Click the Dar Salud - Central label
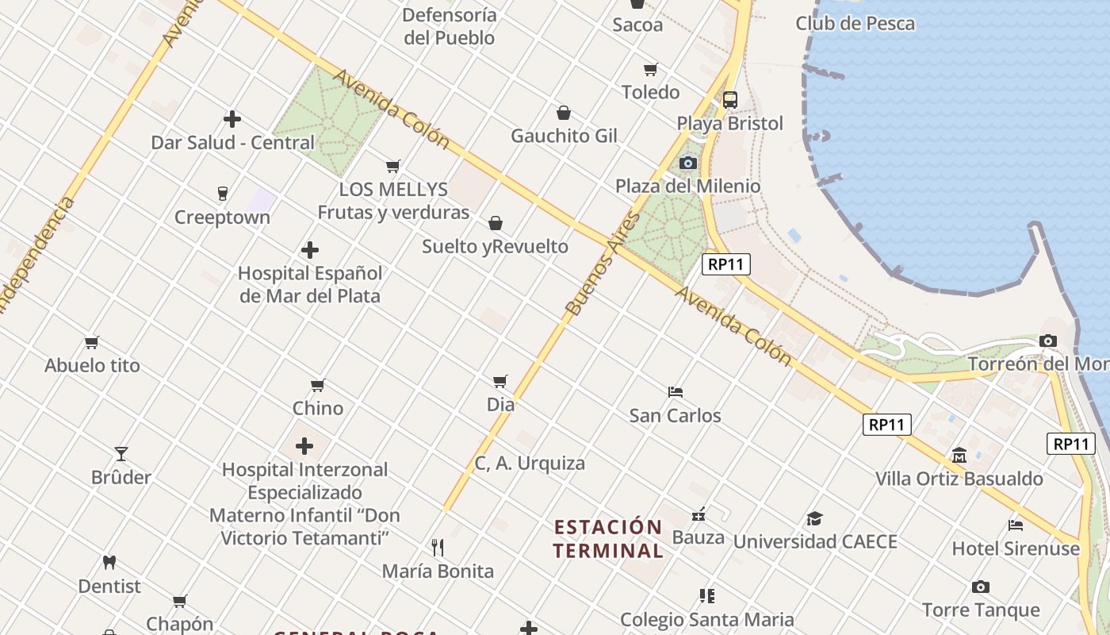click(x=232, y=143)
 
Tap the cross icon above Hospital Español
click(x=310, y=251)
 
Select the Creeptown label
click(x=222, y=217)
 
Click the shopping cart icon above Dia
click(x=499, y=382)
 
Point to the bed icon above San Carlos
click(x=676, y=392)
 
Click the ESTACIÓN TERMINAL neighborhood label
click(x=608, y=539)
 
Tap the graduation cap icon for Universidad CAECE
click(x=814, y=519)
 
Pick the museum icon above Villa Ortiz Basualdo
click(x=959, y=456)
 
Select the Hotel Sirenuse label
click(x=1016, y=548)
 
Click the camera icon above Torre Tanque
click(x=981, y=587)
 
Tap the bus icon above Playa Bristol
click(x=730, y=100)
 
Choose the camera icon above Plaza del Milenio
click(x=688, y=164)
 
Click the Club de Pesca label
click(x=855, y=24)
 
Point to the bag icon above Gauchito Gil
click(x=564, y=113)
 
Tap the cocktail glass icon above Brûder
click(x=121, y=454)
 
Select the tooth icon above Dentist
click(x=109, y=563)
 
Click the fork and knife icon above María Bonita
click(x=437, y=548)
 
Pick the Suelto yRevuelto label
click(x=495, y=247)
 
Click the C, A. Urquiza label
click(x=530, y=464)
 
